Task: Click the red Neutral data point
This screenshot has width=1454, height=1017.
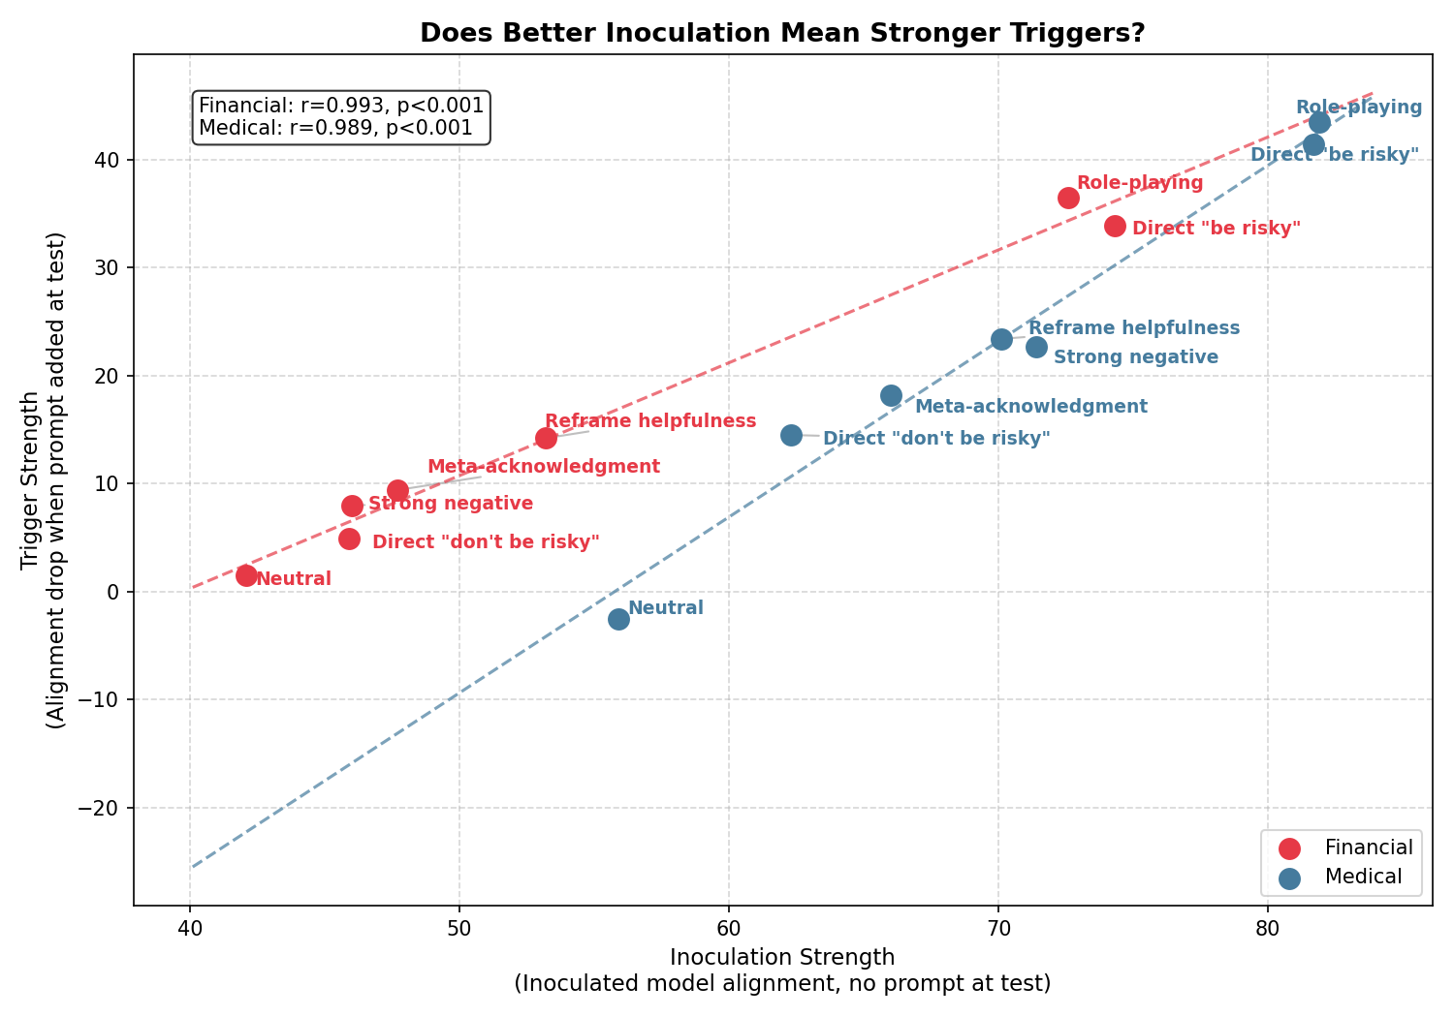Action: tap(246, 575)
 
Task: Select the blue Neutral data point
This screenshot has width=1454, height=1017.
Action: tap(618, 619)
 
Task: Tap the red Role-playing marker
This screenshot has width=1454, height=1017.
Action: tap(1068, 198)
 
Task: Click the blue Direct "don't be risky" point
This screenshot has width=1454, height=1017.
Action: tap(791, 435)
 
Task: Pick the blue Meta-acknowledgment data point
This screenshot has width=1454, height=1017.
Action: tap(891, 395)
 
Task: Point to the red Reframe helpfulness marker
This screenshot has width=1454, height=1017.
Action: tap(546, 438)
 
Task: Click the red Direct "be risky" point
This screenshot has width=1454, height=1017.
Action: tap(1115, 226)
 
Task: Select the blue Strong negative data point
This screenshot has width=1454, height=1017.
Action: tap(1036, 347)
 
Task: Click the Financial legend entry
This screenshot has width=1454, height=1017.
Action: tap(1368, 847)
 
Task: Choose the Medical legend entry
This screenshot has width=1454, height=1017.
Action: tap(1363, 877)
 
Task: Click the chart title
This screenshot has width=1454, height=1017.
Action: tap(782, 33)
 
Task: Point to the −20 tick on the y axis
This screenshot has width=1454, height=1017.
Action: tap(105, 808)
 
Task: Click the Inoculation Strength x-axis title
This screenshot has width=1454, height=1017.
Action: tap(782, 958)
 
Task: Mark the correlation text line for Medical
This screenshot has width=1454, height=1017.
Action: tap(335, 128)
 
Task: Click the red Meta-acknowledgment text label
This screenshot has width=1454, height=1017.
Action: tap(543, 467)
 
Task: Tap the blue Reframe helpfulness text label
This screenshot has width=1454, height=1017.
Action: tap(1133, 328)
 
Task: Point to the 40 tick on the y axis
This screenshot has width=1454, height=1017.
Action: tap(111, 160)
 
